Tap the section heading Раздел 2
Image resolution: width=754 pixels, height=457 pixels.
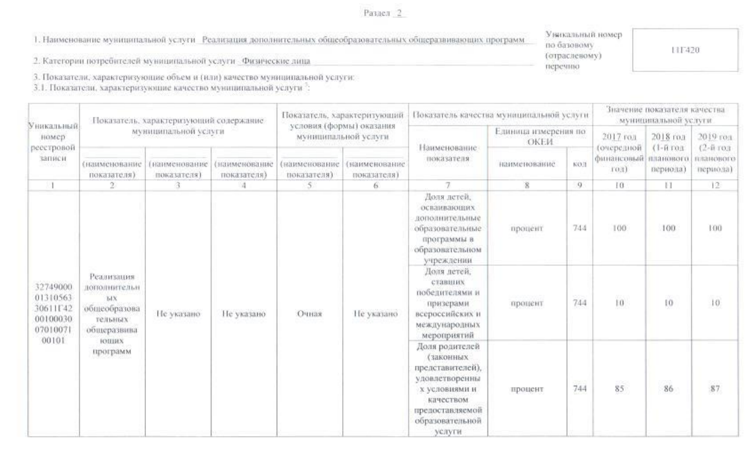[378, 13]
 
